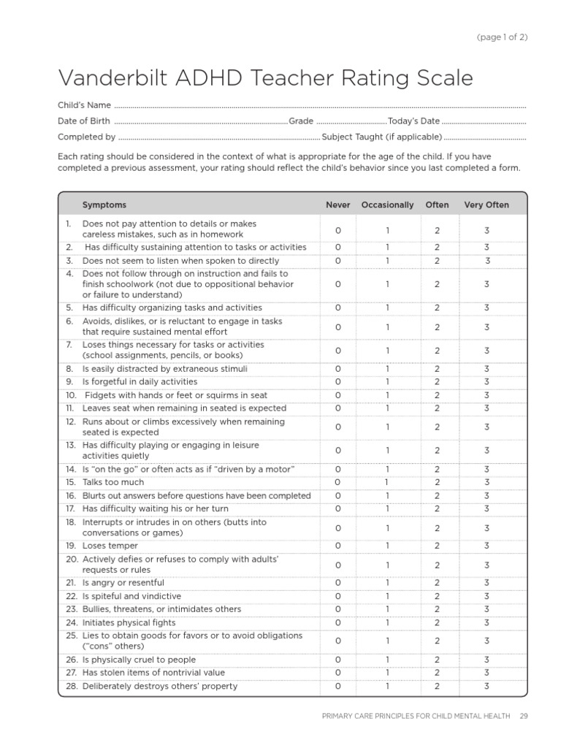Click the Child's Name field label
pyautogui.click(x=84, y=105)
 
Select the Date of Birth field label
pyautogui.click(x=84, y=121)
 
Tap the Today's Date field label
pyautogui.click(x=413, y=121)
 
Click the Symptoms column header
pyautogui.click(x=104, y=205)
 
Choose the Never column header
pyautogui.click(x=337, y=205)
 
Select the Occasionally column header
pyautogui.click(x=387, y=205)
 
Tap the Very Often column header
pyautogui.click(x=486, y=205)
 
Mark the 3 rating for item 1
pyautogui.click(x=486, y=231)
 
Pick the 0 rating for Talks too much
pyautogui.click(x=337, y=483)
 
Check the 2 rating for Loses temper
pyautogui.click(x=437, y=546)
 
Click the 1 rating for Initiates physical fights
pyautogui.click(x=387, y=623)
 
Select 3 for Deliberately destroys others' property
pyautogui.click(x=486, y=687)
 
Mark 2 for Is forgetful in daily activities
pyautogui.click(x=437, y=382)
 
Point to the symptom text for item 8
pyautogui.click(x=165, y=369)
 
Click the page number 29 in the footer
pyautogui.click(x=523, y=716)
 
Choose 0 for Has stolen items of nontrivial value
pyautogui.click(x=337, y=673)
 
